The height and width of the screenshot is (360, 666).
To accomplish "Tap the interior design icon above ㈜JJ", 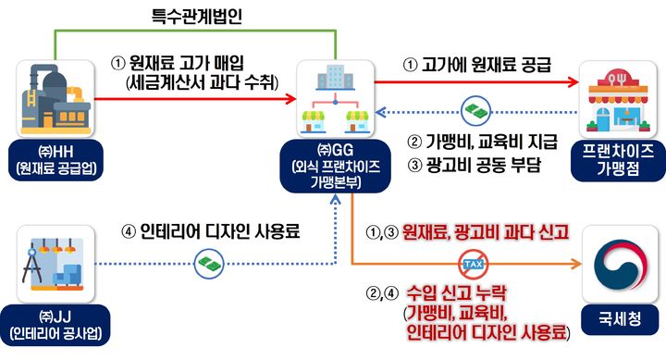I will [x=56, y=259].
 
